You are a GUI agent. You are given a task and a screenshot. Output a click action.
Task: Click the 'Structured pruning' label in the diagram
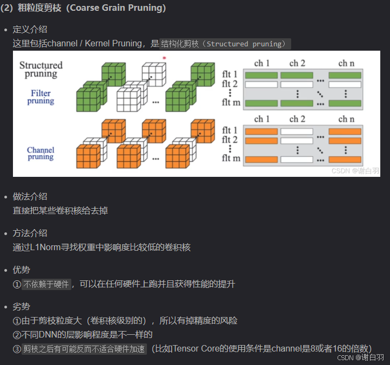(41, 70)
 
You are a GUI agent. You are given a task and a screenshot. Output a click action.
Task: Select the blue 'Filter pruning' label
(41, 97)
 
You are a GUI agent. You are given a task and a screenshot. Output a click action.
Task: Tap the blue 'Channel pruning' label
(41, 153)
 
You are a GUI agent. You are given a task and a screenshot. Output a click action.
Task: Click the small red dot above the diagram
(164, 57)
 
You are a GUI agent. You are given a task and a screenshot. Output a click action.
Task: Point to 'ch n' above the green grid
(346, 64)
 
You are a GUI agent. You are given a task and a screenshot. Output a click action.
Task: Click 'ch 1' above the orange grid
(261, 119)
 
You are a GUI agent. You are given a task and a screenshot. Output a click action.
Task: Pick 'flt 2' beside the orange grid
(231, 140)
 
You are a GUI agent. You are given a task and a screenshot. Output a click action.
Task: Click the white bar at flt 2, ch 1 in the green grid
(261, 84)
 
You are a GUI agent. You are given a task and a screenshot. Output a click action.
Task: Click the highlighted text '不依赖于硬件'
(46, 284)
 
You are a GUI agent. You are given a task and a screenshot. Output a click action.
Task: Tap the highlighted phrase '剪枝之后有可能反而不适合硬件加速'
(84, 349)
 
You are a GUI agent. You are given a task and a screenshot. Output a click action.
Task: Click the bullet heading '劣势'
(21, 307)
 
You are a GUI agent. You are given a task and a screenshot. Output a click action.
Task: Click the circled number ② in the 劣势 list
(17, 335)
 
